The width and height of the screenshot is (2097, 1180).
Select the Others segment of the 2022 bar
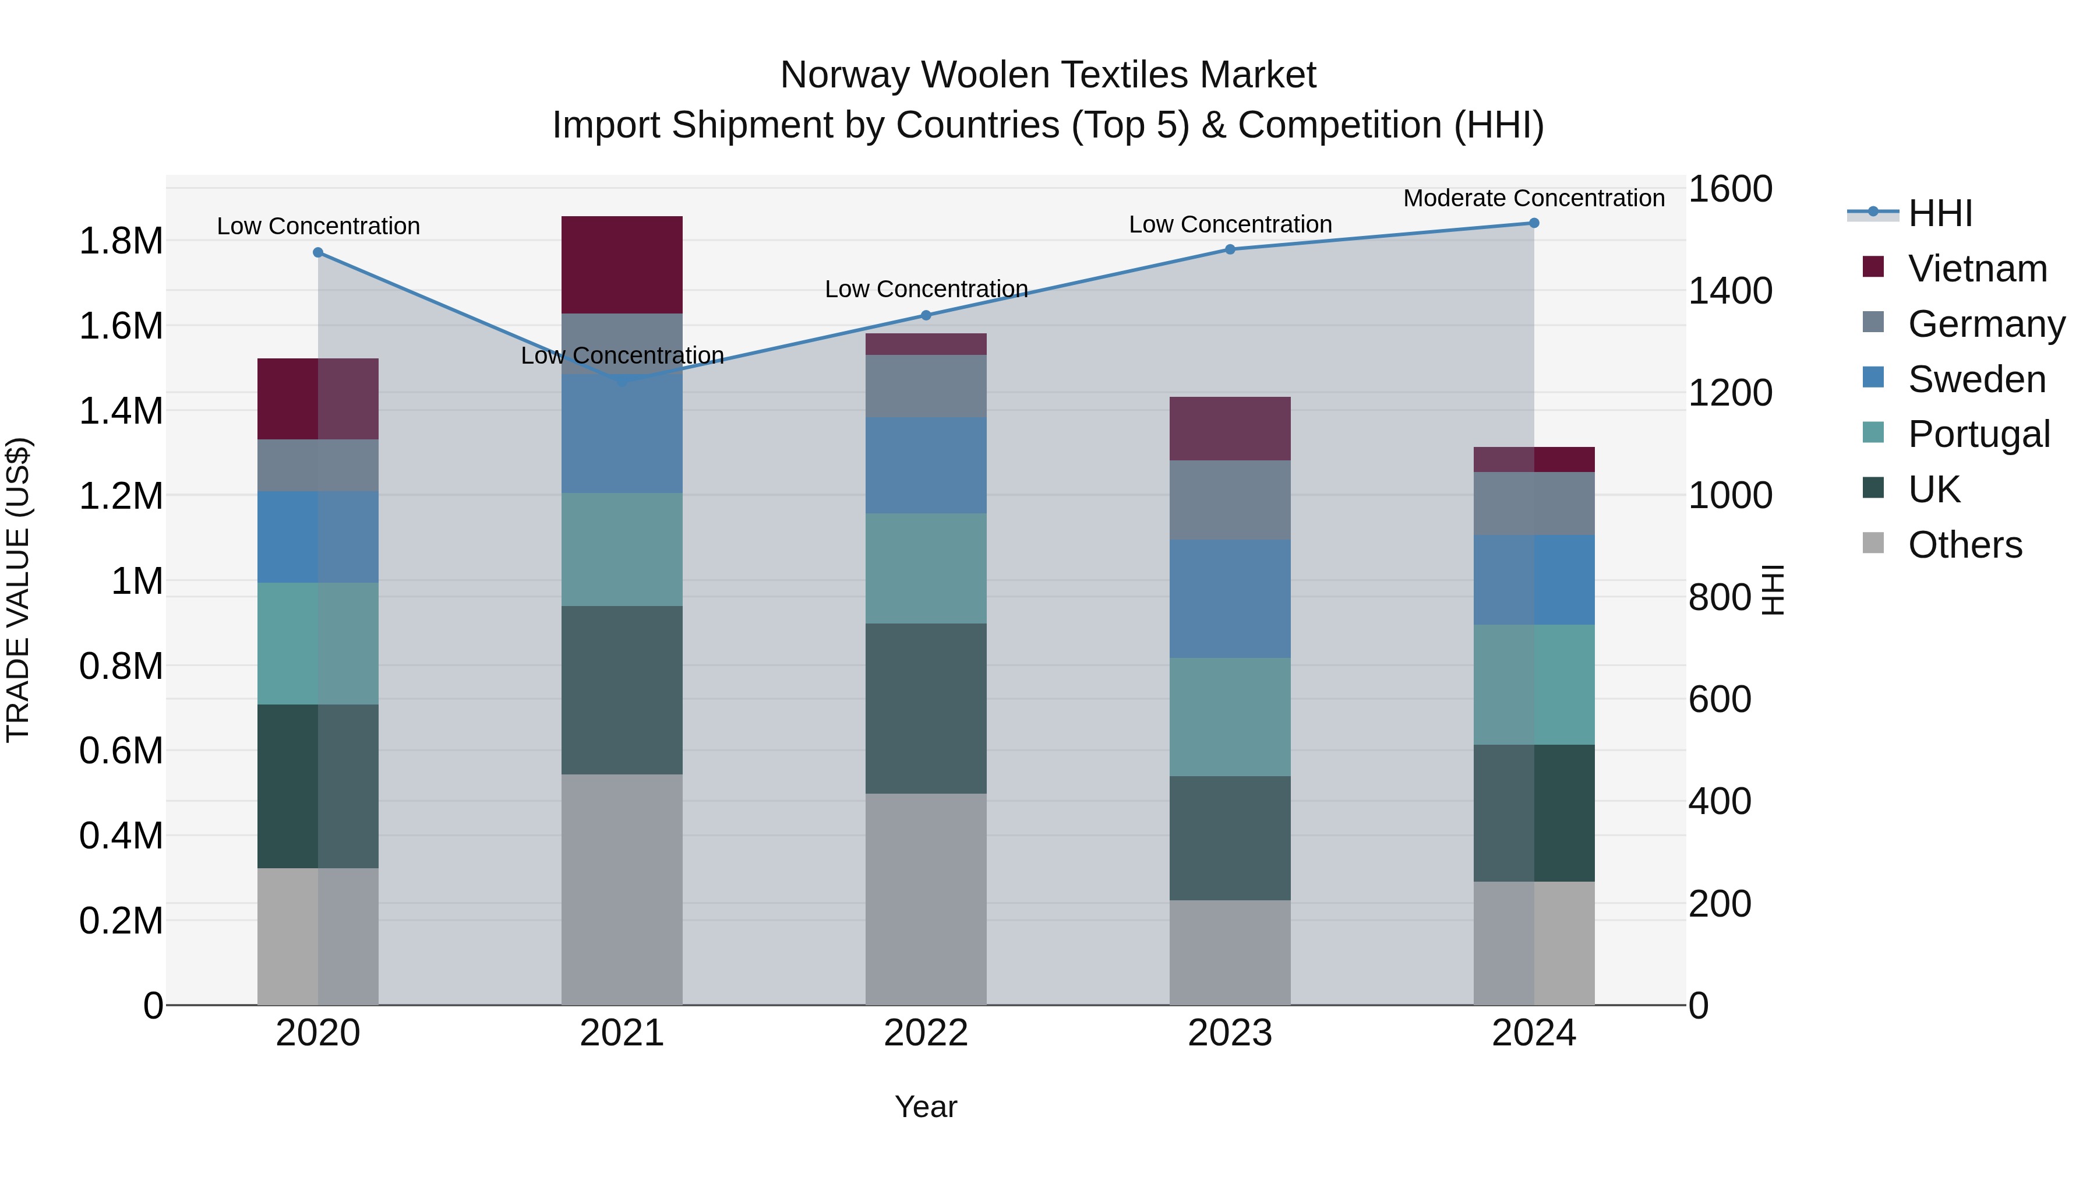[x=926, y=899]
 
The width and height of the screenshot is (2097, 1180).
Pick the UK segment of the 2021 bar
[x=622, y=690]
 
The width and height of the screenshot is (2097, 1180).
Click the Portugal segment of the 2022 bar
[x=926, y=568]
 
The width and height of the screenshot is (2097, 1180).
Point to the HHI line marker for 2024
[x=1534, y=223]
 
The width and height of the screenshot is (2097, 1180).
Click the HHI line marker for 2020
[x=318, y=252]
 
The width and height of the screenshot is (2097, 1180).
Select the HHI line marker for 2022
[x=926, y=315]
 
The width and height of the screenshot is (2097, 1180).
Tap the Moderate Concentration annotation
[x=1534, y=198]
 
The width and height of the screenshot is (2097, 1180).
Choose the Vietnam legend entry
[x=1978, y=269]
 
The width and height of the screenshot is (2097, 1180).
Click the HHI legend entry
[x=1940, y=213]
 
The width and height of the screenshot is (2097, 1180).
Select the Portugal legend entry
[x=1978, y=434]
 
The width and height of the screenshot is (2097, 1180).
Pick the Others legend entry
[x=1964, y=545]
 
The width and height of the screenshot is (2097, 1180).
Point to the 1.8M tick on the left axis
[x=121, y=241]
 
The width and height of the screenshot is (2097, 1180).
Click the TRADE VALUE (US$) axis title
[x=18, y=590]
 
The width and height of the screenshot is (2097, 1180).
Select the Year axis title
[x=926, y=1107]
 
